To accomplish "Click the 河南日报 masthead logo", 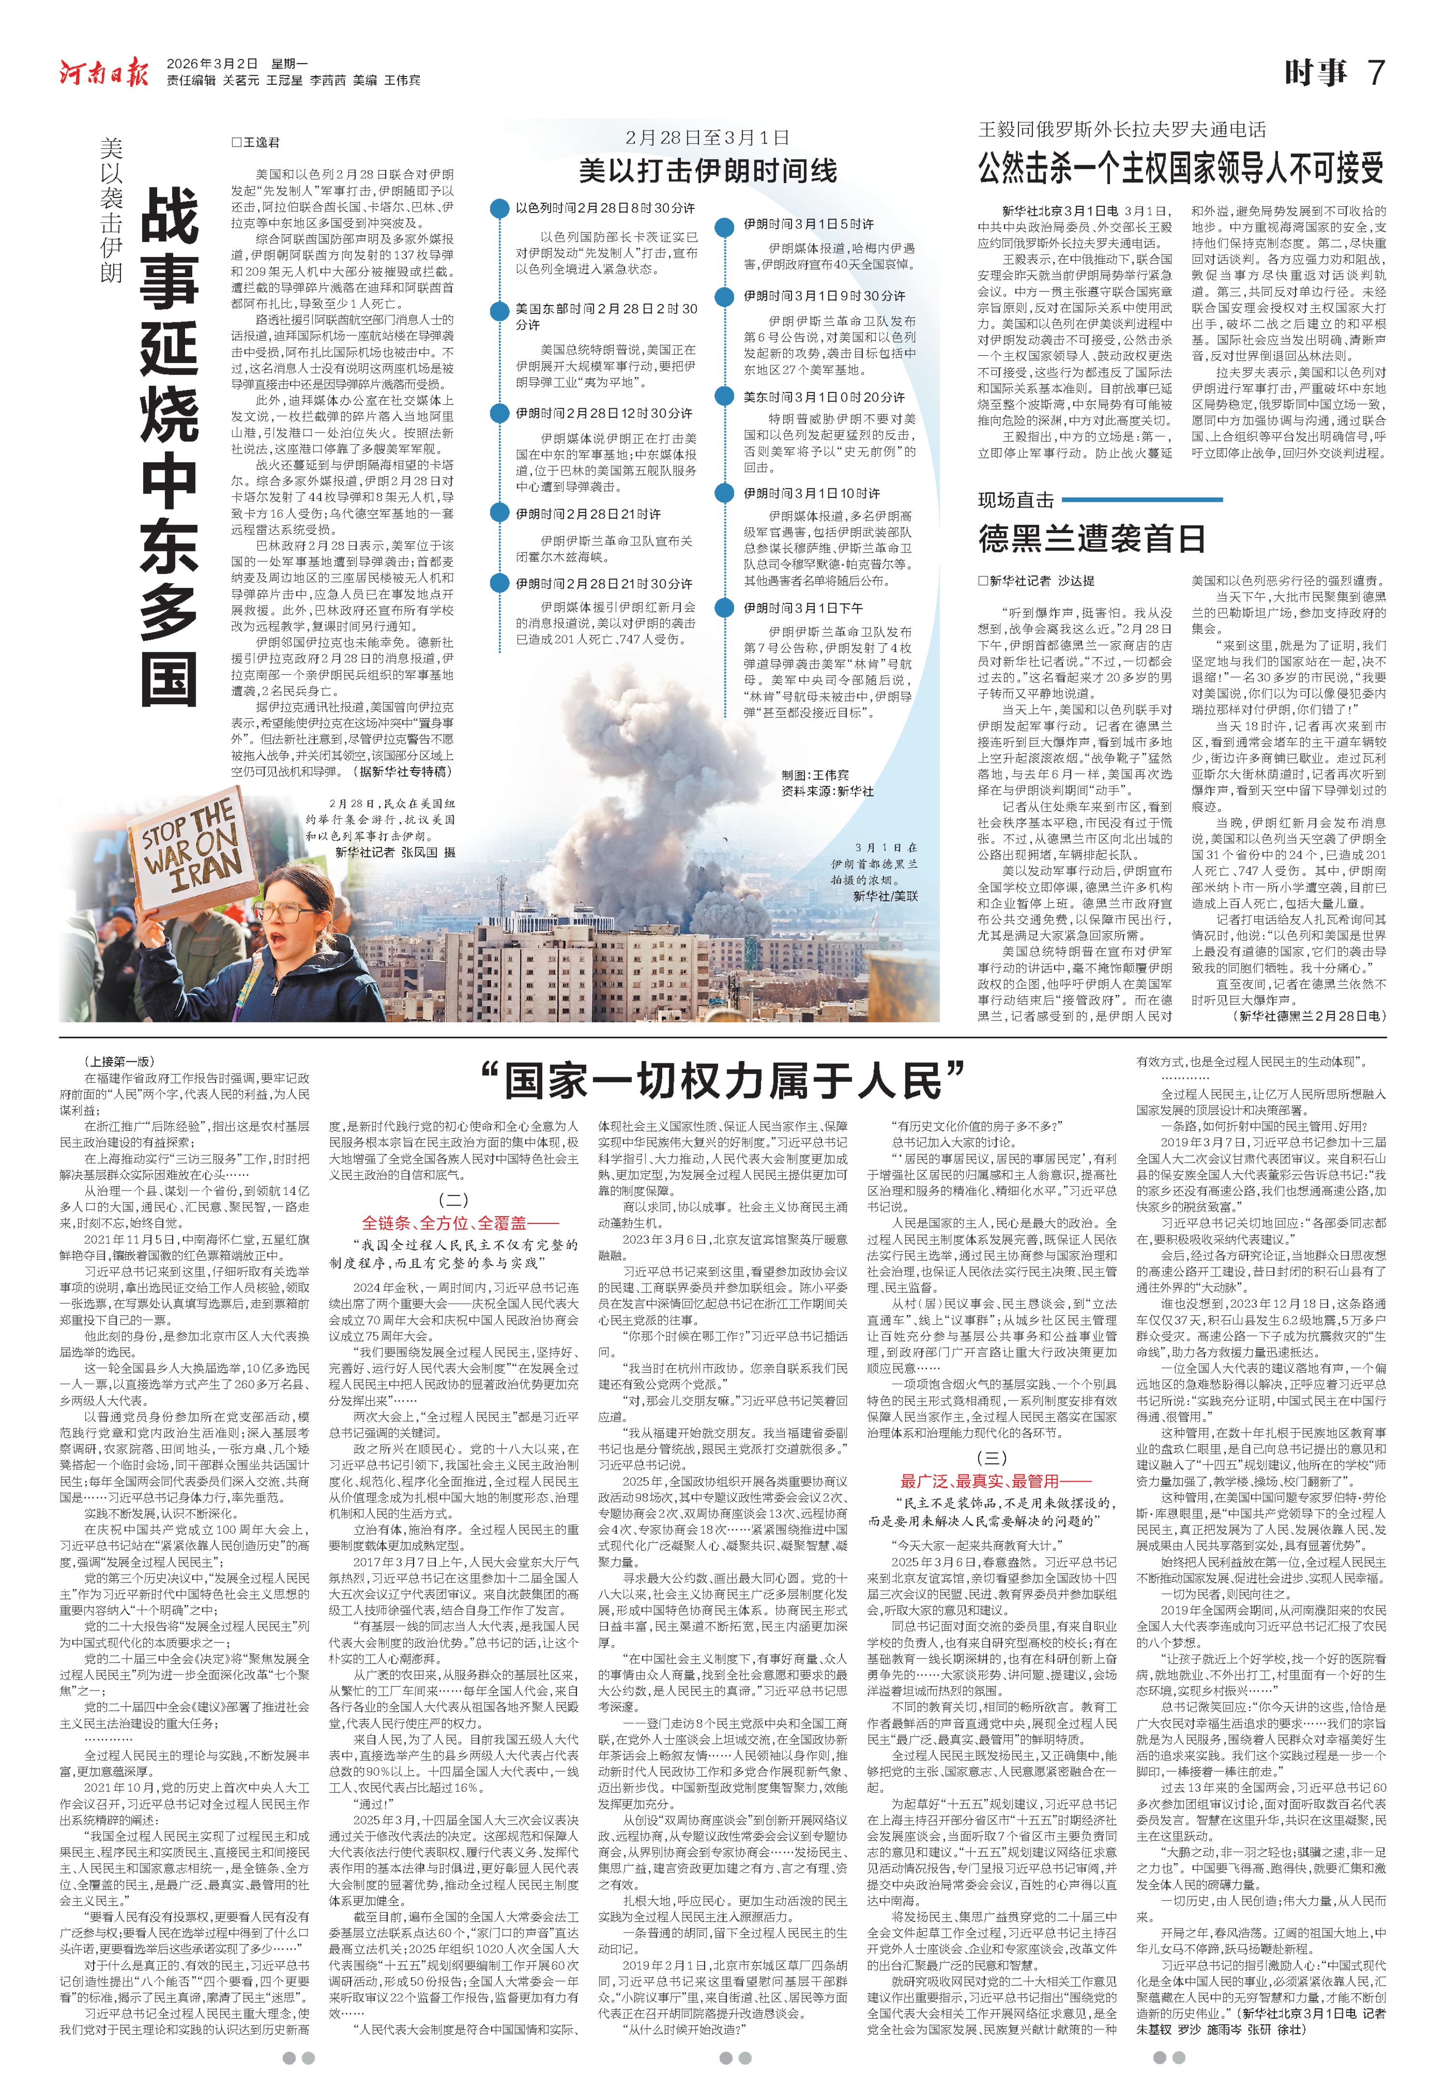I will (104, 72).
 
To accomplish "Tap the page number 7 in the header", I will (1375, 72).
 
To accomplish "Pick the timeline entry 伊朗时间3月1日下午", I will (803, 608).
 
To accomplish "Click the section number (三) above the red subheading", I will (991, 1458).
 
